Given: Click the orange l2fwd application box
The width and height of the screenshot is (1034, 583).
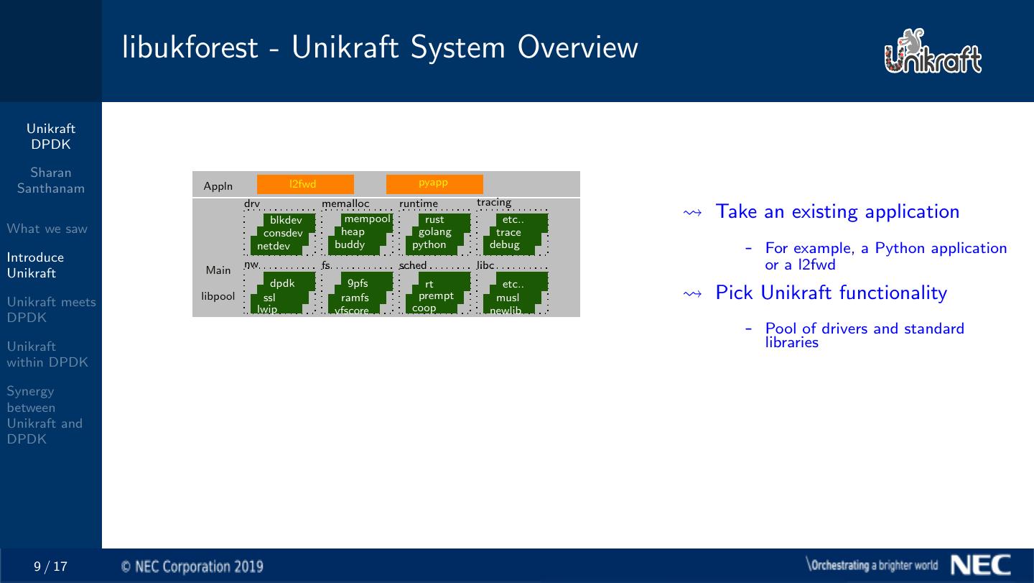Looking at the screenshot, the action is [305, 184].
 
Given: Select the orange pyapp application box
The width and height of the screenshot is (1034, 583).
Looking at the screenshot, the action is [434, 184].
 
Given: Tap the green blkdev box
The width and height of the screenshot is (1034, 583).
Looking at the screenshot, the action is [287, 220].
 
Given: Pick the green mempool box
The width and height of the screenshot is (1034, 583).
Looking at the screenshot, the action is [367, 219].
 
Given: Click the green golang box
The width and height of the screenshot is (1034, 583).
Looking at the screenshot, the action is [435, 232].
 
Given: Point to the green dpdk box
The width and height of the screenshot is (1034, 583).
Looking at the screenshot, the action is [283, 284].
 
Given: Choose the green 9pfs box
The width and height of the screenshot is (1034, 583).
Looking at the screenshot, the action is [358, 284].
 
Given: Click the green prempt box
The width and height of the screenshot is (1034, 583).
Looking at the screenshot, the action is [436, 296].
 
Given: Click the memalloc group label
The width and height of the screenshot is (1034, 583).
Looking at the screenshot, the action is [345, 204].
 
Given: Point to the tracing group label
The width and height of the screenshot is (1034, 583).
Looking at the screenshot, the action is [494, 203].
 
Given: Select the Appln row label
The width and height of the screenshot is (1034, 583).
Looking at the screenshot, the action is [218, 186].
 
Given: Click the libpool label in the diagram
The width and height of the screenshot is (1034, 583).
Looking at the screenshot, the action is [218, 296].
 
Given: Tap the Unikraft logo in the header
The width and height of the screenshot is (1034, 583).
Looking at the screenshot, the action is [933, 52].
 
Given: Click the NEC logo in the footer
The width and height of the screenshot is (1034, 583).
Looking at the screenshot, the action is [981, 565].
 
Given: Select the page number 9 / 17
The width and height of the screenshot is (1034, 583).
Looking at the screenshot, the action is [51, 566].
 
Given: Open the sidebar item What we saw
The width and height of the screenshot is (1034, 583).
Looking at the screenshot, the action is [47, 229].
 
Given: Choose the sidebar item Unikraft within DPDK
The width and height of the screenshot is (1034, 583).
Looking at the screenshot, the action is [47, 354].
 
